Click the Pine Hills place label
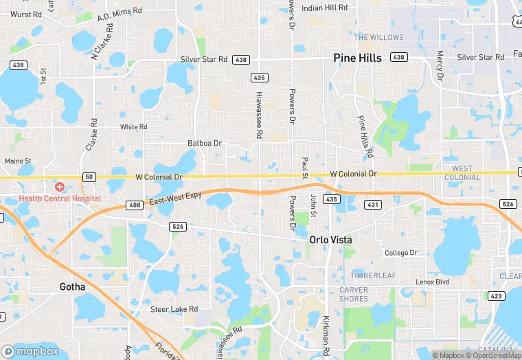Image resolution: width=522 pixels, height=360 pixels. (x=357, y=58)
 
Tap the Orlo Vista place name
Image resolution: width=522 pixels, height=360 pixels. (x=330, y=240)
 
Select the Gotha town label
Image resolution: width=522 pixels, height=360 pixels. (x=72, y=286)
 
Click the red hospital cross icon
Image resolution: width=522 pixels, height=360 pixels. (x=60, y=187)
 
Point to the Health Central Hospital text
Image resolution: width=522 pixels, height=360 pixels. (x=60, y=199)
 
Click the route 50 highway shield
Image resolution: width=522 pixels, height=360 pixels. (x=89, y=177)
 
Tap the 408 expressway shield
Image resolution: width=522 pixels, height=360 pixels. (x=134, y=205)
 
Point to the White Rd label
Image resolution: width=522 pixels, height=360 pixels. (x=133, y=127)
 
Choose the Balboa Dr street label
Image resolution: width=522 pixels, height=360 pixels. (x=205, y=144)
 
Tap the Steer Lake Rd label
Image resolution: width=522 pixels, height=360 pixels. (x=174, y=309)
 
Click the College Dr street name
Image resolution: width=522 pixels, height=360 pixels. (x=400, y=253)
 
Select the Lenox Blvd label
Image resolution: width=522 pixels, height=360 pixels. (x=432, y=282)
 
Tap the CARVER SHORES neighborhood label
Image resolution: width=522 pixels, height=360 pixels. (x=354, y=294)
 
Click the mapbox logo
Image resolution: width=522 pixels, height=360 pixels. (x=31, y=350)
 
